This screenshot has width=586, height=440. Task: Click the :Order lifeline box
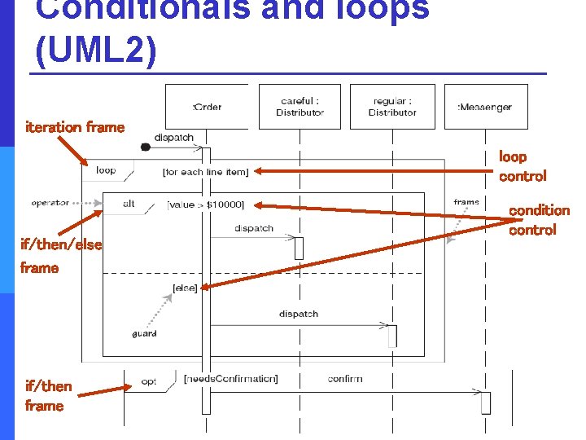point(207,107)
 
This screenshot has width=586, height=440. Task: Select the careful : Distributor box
point(300,107)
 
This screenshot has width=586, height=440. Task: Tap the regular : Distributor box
point(392,107)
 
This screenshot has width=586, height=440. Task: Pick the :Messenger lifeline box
point(486,107)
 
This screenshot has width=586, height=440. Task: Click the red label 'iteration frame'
point(75,127)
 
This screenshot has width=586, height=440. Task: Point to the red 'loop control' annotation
point(522,166)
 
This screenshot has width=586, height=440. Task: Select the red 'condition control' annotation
point(539,220)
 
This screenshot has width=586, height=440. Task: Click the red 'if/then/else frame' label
point(61,256)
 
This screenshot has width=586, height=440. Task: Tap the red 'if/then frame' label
point(48,395)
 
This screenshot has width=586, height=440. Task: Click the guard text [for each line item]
point(205,172)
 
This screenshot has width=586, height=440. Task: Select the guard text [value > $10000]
point(205,204)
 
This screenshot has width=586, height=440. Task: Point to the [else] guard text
point(185,288)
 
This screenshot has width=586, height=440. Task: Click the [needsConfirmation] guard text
point(230,379)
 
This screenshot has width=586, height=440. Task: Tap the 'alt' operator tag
point(129,204)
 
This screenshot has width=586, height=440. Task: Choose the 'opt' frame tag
point(148,380)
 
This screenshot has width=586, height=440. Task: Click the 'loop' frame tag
point(106,171)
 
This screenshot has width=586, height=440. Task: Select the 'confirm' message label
point(345,379)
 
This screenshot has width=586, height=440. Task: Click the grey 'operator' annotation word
point(50,202)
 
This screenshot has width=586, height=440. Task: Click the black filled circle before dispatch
point(145,147)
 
